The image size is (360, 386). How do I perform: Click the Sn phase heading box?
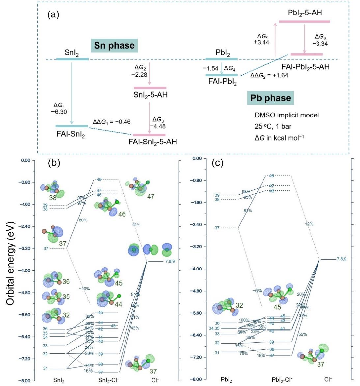(x=114, y=45)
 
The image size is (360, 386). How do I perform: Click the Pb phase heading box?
(x=270, y=98)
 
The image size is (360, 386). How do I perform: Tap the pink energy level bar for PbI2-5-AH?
(x=304, y=21)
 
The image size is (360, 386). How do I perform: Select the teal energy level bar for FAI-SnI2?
(x=71, y=126)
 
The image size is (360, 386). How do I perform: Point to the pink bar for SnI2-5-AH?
(x=150, y=88)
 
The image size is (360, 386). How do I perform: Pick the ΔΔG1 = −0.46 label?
(x=111, y=122)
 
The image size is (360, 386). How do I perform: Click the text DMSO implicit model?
(x=287, y=115)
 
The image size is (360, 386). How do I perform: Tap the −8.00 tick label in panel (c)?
(x=197, y=379)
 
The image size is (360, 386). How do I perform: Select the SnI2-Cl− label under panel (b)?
(x=109, y=380)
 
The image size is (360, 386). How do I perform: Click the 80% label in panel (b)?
(x=83, y=220)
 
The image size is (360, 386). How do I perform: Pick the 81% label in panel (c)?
(x=248, y=211)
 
